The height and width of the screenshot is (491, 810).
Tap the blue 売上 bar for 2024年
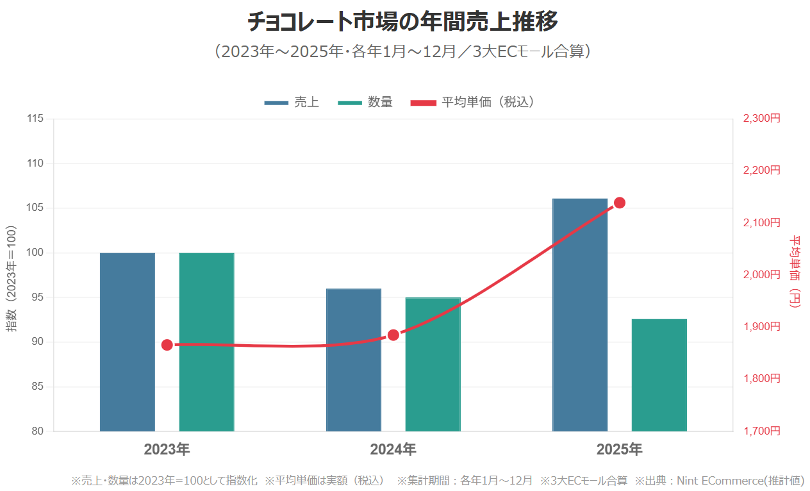354,360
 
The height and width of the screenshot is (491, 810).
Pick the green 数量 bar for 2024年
433,364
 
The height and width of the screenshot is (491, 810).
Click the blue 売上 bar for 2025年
580,315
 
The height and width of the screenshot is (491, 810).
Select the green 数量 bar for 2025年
659,375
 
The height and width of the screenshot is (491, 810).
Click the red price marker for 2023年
167,345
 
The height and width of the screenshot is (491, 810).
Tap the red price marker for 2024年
393,335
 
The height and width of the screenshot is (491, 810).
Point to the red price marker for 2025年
620,203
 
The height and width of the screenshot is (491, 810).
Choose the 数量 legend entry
365,103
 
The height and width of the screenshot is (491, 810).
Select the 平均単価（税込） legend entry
472,103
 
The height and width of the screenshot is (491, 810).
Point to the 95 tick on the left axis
38,297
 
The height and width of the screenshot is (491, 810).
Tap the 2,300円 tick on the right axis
761,119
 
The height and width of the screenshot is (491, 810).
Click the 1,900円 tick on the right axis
761,327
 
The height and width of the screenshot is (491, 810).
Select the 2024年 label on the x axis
393,449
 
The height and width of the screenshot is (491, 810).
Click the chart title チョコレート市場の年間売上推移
403,22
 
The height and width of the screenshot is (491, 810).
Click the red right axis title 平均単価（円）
795,271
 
